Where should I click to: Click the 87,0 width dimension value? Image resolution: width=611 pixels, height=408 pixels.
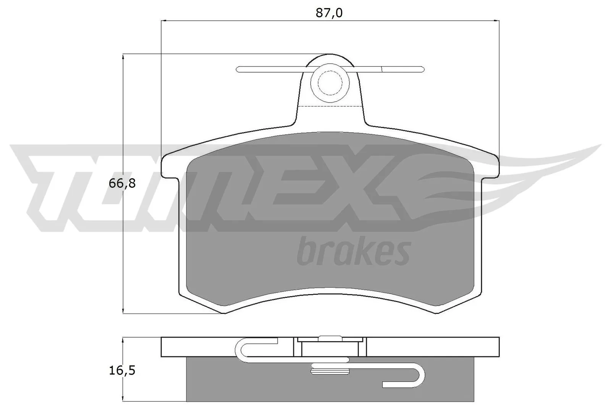pos(329,13)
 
